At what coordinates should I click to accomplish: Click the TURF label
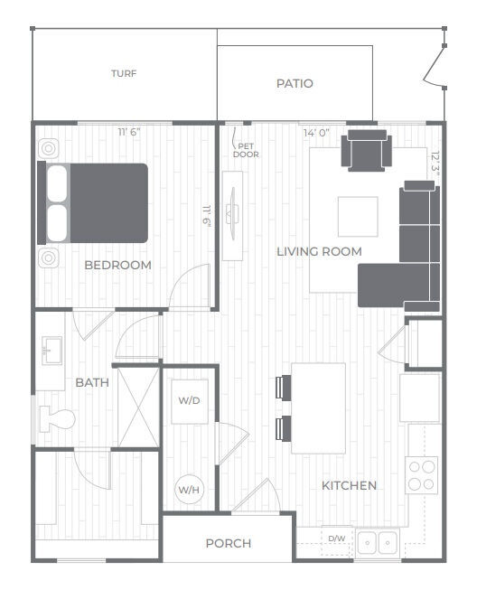(x=124, y=73)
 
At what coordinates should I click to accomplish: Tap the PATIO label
(x=295, y=83)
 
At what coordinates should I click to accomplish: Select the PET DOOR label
(x=246, y=150)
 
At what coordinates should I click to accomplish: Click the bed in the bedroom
(x=92, y=203)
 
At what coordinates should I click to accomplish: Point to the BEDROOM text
(x=118, y=265)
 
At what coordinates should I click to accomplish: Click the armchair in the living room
(x=367, y=151)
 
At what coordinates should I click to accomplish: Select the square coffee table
(x=358, y=217)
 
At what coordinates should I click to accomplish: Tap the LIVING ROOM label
(x=320, y=251)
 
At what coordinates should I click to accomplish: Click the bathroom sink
(x=51, y=351)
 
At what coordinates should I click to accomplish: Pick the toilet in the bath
(x=57, y=418)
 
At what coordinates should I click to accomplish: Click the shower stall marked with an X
(x=139, y=407)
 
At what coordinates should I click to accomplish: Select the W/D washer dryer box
(x=190, y=401)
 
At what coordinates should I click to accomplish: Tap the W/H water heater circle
(x=189, y=489)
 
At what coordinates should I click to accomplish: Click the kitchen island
(x=318, y=408)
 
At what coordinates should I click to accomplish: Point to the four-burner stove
(x=422, y=475)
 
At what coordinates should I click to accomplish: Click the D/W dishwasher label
(x=337, y=538)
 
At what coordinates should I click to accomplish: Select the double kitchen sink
(x=377, y=542)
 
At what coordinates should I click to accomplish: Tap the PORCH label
(x=229, y=543)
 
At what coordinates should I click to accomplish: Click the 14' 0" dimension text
(x=317, y=133)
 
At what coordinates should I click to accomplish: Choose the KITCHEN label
(x=349, y=485)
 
